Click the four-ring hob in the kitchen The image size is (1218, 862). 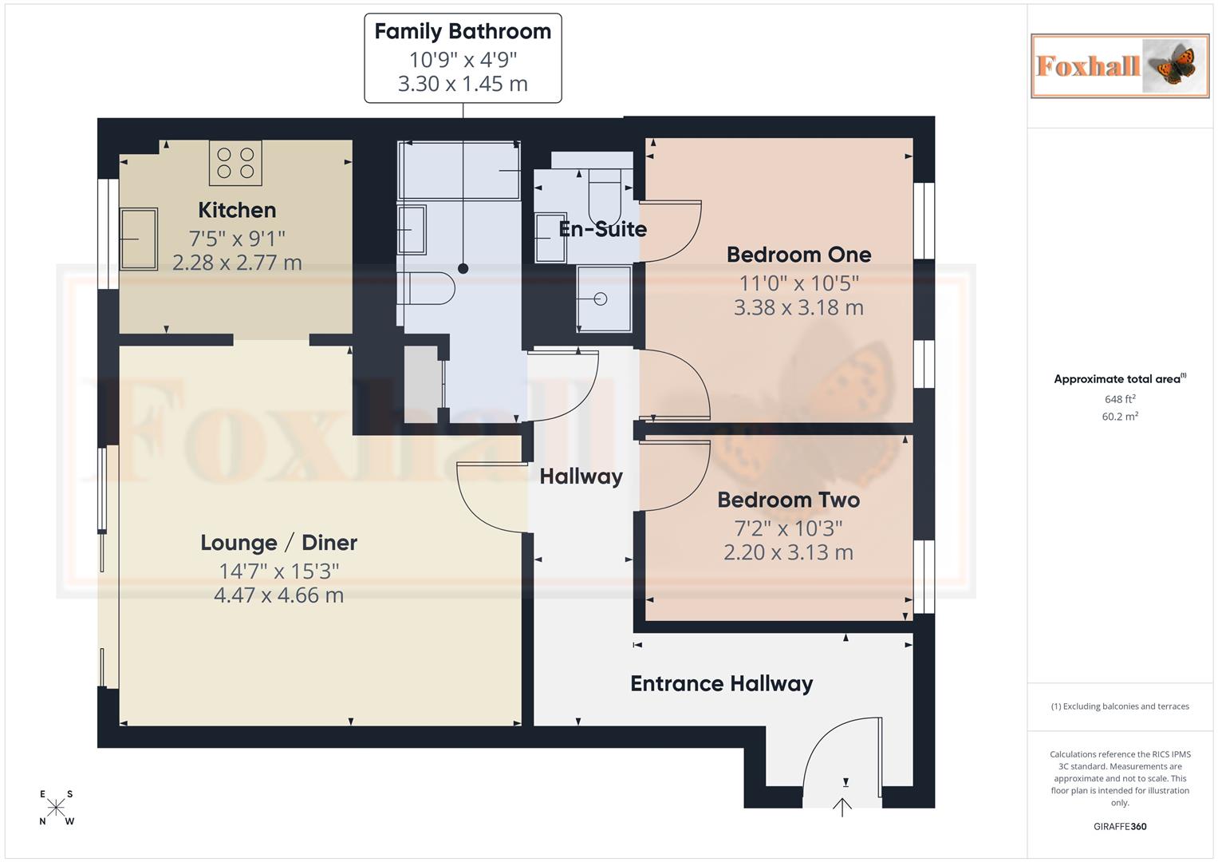[x=235, y=163]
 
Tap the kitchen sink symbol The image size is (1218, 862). [x=139, y=239]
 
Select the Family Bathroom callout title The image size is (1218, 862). [x=463, y=32]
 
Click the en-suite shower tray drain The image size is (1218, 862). [x=601, y=299]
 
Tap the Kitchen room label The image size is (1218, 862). [x=237, y=211]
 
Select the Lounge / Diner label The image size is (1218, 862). [x=278, y=543]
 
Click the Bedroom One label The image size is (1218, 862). [x=798, y=255]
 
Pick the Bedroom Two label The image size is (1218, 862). [x=788, y=500]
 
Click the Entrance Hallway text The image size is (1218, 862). [x=721, y=684]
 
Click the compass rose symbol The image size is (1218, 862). [x=57, y=808]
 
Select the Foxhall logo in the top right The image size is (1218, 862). [x=1119, y=66]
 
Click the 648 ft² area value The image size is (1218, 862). [x=1120, y=399]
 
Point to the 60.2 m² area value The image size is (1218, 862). [x=1120, y=417]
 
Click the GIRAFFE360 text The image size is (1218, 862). [x=1120, y=827]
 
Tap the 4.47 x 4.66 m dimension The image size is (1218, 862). [x=278, y=595]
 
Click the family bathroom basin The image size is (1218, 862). [x=412, y=230]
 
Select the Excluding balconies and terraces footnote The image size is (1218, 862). [x=1120, y=706]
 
